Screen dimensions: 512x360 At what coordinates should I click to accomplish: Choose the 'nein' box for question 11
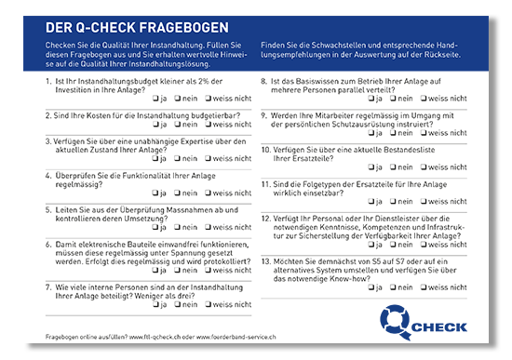[x=391, y=201]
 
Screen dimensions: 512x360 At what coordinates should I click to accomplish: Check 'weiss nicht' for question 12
[x=422, y=245]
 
